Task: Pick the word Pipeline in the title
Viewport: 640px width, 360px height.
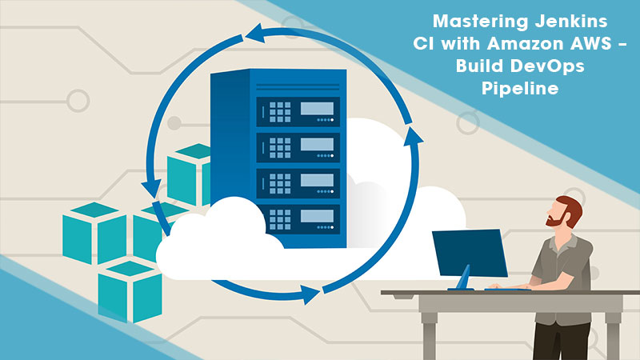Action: tap(518, 90)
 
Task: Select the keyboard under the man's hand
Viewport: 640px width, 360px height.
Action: tap(513, 288)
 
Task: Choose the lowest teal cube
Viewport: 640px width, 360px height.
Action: tap(128, 290)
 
